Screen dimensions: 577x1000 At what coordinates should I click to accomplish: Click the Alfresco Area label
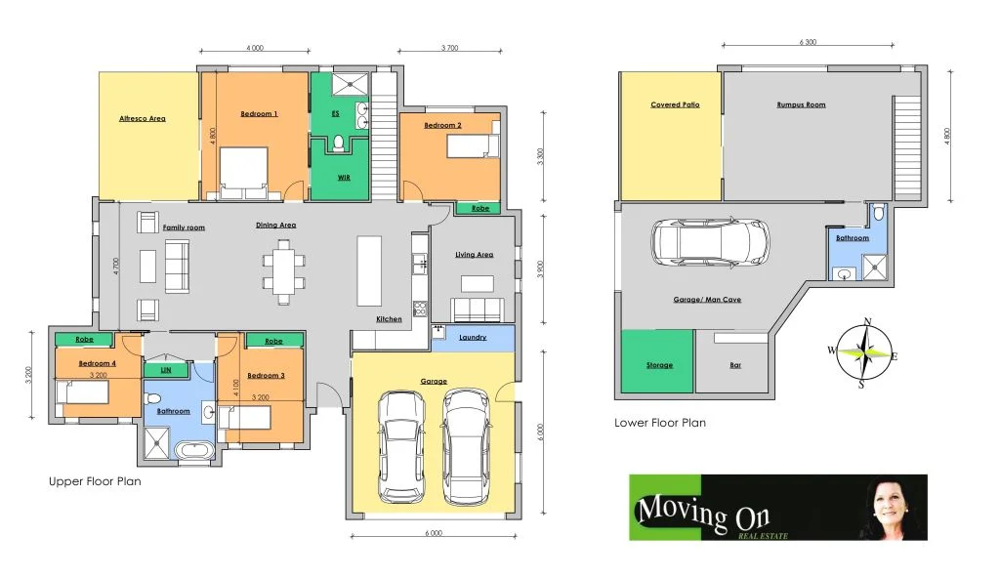[143, 118]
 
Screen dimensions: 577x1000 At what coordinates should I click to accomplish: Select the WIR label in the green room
[344, 178]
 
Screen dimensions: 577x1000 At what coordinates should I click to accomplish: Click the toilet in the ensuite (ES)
[339, 144]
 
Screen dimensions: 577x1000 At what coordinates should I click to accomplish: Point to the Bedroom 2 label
[442, 125]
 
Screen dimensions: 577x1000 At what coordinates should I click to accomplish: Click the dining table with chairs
[283, 270]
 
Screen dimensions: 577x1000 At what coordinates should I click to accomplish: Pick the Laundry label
[473, 338]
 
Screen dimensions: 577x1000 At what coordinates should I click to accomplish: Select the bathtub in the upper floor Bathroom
[191, 451]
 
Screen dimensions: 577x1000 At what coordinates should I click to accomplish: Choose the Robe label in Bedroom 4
[81, 341]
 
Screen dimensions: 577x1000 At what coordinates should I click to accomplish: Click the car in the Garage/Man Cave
[710, 241]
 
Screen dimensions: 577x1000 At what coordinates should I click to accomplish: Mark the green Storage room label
[659, 365]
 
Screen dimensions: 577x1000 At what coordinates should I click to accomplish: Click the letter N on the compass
[866, 321]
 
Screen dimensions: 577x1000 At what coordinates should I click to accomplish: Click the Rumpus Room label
[801, 104]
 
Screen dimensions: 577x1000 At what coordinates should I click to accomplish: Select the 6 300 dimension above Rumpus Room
[808, 43]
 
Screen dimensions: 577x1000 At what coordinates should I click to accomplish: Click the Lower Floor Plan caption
[659, 423]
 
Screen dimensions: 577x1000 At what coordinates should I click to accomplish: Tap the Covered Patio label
[675, 104]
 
